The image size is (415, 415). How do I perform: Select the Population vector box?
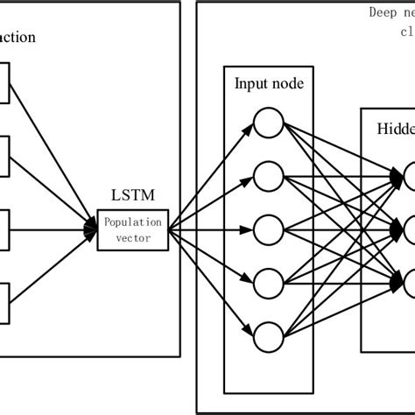point(132,230)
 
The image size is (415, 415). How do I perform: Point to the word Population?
point(132,222)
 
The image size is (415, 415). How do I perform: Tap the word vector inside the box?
point(132,238)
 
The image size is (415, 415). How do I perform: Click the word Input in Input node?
point(250,84)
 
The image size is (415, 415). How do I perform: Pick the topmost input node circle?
point(268,123)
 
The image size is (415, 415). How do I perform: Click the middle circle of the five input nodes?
point(268,230)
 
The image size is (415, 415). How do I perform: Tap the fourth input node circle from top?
point(268,284)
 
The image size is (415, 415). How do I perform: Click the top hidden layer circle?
point(409,178)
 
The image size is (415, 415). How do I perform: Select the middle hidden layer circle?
point(409,230)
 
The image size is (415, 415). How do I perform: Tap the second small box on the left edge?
point(4,158)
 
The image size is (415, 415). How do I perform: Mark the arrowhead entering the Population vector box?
point(90,230)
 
